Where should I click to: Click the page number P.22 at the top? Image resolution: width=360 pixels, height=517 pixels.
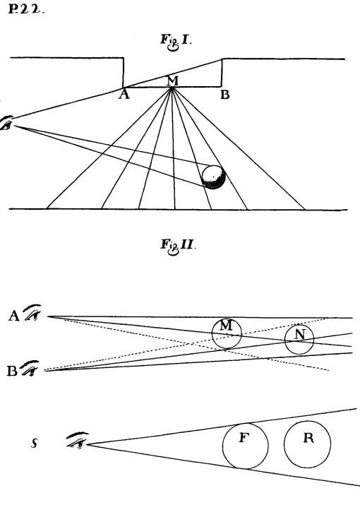(x=25, y=13)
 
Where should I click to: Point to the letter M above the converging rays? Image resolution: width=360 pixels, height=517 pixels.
(x=172, y=81)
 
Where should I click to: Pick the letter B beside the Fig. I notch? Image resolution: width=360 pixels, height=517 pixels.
(x=224, y=95)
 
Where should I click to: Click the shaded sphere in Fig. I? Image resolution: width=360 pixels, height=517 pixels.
(x=213, y=177)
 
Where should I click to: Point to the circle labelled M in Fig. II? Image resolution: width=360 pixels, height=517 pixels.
(x=227, y=333)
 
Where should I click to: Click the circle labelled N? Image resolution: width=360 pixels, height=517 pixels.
(x=299, y=339)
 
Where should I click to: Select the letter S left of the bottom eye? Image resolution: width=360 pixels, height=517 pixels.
(x=33, y=443)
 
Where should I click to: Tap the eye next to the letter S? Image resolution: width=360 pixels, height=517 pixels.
(x=76, y=441)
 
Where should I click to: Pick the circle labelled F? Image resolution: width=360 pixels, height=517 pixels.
(x=246, y=446)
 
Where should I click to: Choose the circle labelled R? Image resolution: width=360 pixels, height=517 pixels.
(x=307, y=444)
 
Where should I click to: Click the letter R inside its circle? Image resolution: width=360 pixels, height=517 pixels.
(x=308, y=438)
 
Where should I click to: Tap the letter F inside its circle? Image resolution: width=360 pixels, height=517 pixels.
(x=243, y=438)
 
